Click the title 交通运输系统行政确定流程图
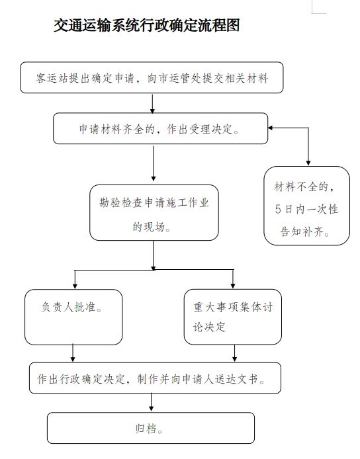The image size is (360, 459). [x=147, y=25]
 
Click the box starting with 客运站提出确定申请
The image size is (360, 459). [x=152, y=77]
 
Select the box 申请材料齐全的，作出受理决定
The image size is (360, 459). [x=161, y=128]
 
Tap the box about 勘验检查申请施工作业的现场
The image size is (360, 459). [x=154, y=213]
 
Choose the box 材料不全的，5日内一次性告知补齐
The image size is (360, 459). [x=306, y=206]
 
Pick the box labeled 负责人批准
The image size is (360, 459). [x=73, y=317]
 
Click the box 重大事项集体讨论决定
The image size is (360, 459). [x=233, y=317]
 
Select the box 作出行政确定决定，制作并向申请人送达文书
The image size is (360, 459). [x=156, y=378]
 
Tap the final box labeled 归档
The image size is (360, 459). [x=151, y=428]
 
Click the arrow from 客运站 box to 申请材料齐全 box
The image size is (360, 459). [x=152, y=103]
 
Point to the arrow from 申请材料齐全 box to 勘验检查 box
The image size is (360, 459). [x=154, y=163]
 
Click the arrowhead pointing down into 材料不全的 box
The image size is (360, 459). [x=308, y=163]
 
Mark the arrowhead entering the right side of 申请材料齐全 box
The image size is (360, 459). [x=271, y=128]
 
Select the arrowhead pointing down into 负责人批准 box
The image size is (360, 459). [x=75, y=286]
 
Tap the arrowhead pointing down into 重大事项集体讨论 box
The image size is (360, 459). [x=233, y=286]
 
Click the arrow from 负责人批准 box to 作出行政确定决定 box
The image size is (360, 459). [x=73, y=353]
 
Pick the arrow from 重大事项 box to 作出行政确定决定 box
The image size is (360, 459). [x=234, y=353]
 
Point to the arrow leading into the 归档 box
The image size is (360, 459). [x=151, y=403]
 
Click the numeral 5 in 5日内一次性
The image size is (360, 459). [x=278, y=209]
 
